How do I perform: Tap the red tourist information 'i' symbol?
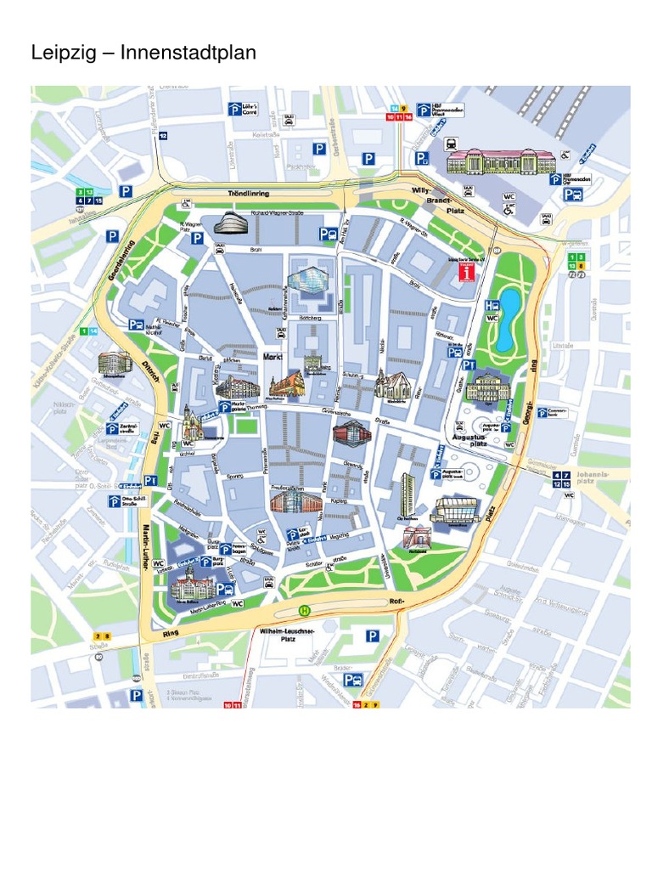464,270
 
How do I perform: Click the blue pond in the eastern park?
510,319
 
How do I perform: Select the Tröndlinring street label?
248,195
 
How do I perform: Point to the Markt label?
272,357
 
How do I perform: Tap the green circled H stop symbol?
303,608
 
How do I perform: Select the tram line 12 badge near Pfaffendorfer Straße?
163,135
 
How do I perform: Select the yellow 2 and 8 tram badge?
102,636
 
